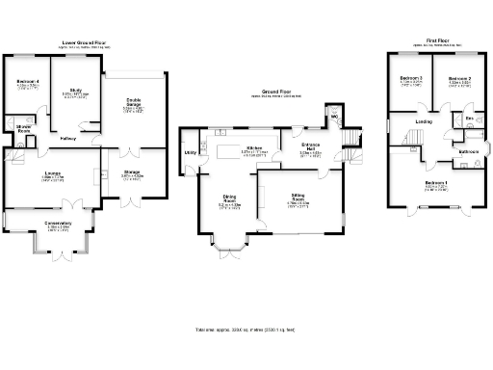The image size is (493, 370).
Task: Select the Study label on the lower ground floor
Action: coord(74,90)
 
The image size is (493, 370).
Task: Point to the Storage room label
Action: coord(132,173)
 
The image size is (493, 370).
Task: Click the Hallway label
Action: coord(68,138)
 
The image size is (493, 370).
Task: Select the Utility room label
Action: coord(191,152)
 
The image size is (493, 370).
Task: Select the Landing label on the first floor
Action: coord(423,122)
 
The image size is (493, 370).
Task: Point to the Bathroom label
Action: coord(469,151)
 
